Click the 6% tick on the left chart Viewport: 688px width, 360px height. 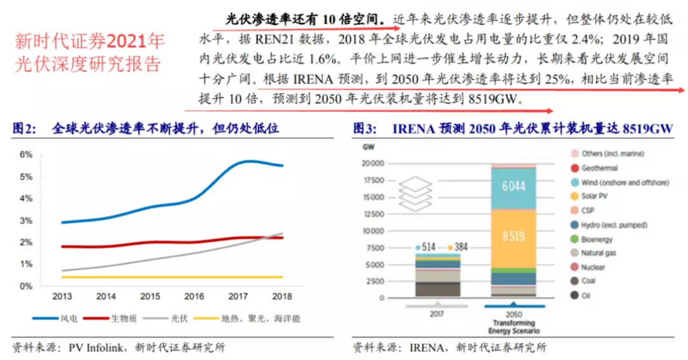(26, 155)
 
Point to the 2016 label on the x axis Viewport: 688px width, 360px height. (194, 296)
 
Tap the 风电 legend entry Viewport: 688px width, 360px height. (55, 319)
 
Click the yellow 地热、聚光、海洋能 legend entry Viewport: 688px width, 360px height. (247, 319)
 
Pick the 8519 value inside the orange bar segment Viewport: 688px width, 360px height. (513, 236)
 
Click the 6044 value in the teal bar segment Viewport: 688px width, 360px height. (513, 186)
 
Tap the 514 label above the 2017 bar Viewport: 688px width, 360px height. (426, 247)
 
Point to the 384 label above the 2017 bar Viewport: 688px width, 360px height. (457, 247)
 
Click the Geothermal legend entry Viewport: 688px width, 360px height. (594, 168)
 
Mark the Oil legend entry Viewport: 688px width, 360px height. (580, 296)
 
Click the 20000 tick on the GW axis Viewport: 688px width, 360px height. (373, 163)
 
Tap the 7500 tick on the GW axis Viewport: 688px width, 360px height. (375, 248)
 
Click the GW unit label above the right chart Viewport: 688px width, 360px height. (368, 147)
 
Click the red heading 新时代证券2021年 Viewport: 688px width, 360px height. (90, 41)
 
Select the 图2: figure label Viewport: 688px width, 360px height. (24, 128)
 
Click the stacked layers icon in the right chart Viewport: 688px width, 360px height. (415, 194)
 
